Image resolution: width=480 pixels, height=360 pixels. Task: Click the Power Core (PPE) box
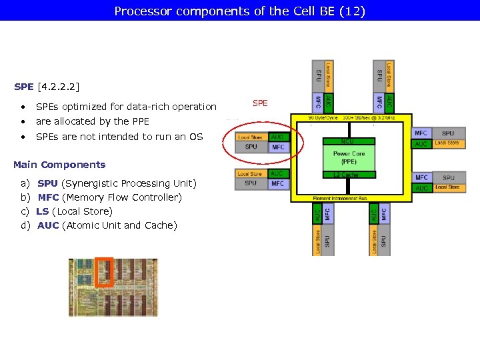tap(349, 157)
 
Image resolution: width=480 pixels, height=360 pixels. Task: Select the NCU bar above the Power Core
tap(349, 141)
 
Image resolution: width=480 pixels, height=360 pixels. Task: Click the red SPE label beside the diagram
tap(260, 103)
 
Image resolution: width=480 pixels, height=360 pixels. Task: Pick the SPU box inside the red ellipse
tap(251, 147)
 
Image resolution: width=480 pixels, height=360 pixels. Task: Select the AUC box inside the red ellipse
tap(278, 137)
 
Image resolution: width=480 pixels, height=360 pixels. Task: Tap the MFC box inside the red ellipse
tap(278, 147)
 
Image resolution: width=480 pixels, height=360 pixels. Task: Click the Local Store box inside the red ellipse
tap(251, 137)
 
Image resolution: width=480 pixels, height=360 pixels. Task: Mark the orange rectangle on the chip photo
tap(104, 272)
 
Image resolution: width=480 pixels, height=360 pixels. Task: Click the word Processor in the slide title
tap(138, 11)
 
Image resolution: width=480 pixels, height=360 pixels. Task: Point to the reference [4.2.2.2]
tap(58, 87)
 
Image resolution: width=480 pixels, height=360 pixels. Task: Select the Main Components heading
tap(59, 165)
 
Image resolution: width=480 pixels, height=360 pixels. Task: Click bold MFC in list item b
tap(48, 197)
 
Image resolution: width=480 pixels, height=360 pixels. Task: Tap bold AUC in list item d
tap(48, 225)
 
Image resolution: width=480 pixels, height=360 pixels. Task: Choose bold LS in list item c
tap(42, 211)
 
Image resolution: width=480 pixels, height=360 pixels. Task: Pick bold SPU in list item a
tap(47, 183)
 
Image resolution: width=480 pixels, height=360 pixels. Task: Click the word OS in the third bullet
tap(196, 137)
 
